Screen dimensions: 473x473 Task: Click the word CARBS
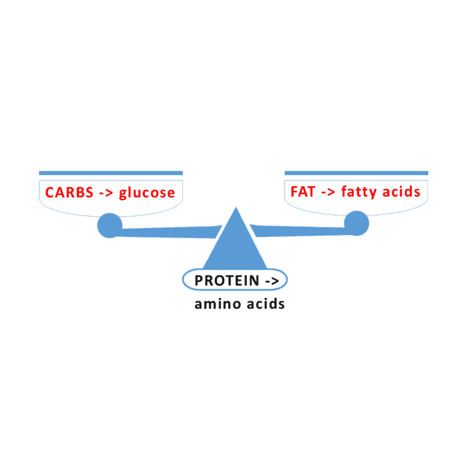pyautogui.click(x=69, y=192)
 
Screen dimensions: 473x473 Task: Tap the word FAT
pyautogui.click(x=303, y=192)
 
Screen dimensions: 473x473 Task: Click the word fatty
pyautogui.click(x=359, y=192)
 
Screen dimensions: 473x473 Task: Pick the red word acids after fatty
pyautogui.click(x=401, y=192)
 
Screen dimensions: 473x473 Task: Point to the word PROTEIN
pyautogui.click(x=227, y=281)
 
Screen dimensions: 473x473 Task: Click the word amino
pyautogui.click(x=218, y=304)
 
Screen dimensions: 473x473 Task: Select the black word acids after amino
pyautogui.click(x=266, y=304)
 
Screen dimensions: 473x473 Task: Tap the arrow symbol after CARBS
pyautogui.click(x=106, y=193)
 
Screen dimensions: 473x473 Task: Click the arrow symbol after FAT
pyautogui.click(x=328, y=192)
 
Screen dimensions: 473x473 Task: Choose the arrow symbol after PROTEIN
pyautogui.click(x=272, y=281)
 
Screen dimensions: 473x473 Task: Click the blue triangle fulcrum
pyautogui.click(x=235, y=245)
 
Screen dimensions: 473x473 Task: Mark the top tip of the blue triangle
pyautogui.click(x=236, y=207)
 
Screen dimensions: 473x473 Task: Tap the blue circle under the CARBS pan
pyautogui.click(x=110, y=225)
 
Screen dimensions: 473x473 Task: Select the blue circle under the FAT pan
pyautogui.click(x=357, y=223)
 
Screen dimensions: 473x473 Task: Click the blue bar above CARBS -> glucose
pyautogui.click(x=111, y=173)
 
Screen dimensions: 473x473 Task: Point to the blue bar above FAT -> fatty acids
pyautogui.click(x=356, y=173)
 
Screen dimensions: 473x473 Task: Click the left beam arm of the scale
pyautogui.click(x=169, y=232)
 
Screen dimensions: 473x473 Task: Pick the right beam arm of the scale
pyautogui.click(x=299, y=231)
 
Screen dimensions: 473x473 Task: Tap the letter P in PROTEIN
pyautogui.click(x=198, y=281)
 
